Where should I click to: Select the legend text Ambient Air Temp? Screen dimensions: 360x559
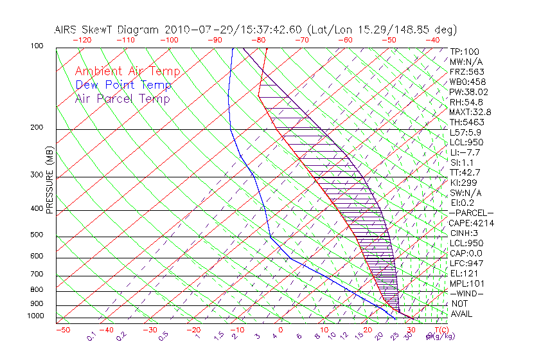(128, 71)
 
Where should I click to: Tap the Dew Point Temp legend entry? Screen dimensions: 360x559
(123, 85)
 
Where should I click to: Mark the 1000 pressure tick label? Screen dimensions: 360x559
(36, 316)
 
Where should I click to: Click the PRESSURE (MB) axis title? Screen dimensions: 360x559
(49, 181)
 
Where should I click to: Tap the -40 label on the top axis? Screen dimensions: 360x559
(432, 39)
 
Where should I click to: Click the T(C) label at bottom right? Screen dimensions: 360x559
(443, 330)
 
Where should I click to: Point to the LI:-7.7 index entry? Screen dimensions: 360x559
(465, 152)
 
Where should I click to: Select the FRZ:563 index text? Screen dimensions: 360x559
(467, 71)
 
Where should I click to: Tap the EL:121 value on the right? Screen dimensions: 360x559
(465, 273)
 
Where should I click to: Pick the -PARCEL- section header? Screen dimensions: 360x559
(471, 213)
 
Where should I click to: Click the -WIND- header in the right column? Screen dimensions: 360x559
(467, 293)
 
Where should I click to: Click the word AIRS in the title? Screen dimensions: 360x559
(67, 30)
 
